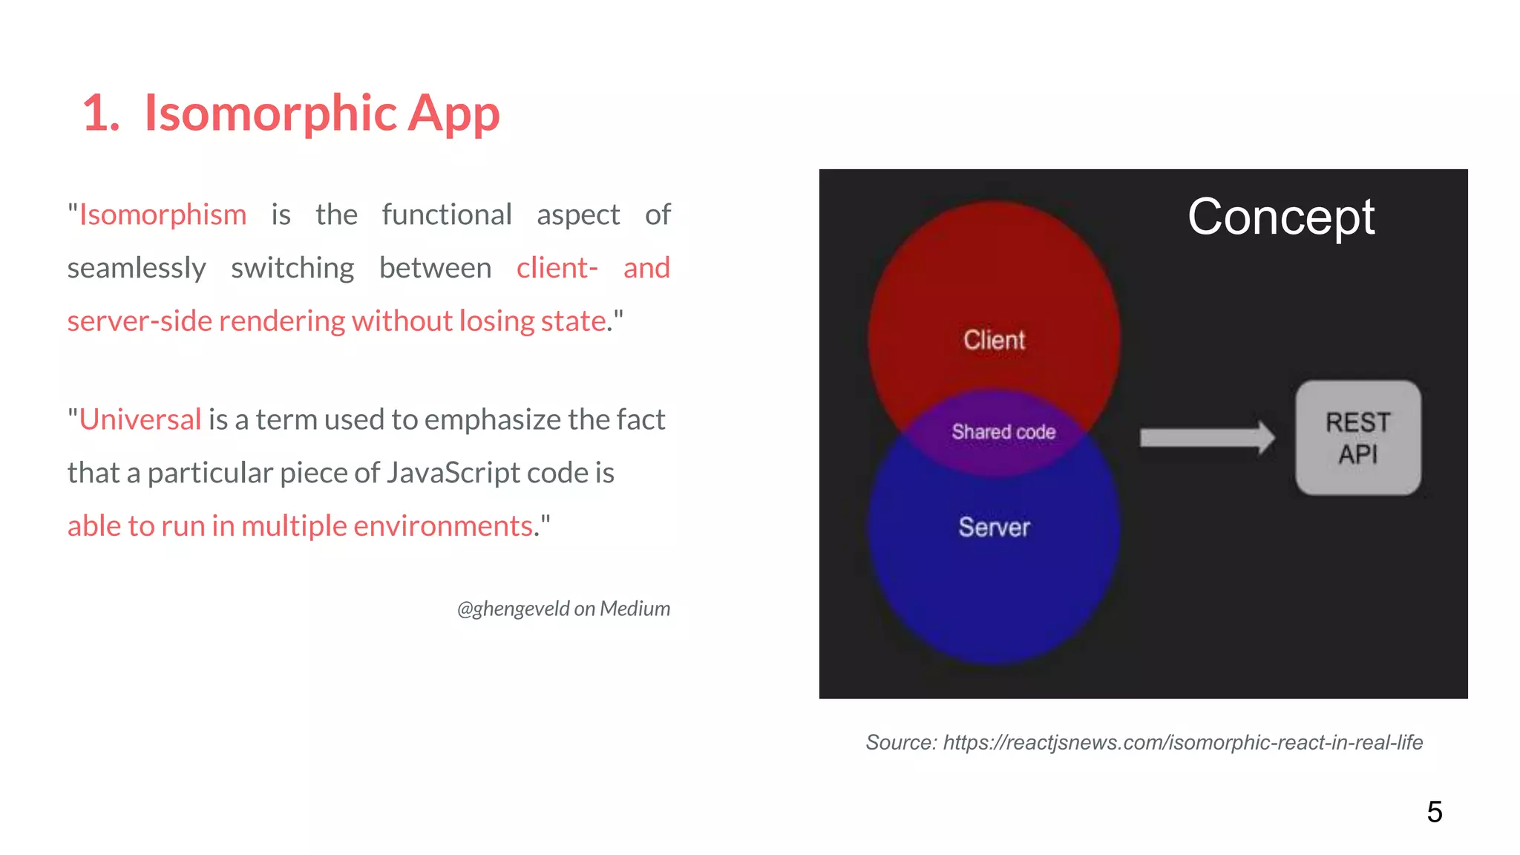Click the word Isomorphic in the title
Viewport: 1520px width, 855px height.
270,113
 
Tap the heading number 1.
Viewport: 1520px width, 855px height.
100,114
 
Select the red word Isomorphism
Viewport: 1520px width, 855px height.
163,214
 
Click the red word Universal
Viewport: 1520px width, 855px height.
140,419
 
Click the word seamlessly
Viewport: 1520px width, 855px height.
137,268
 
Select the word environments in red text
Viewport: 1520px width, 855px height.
443,525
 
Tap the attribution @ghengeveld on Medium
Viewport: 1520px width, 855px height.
563,609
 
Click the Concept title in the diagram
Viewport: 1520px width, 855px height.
1280,217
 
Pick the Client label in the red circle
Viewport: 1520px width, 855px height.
994,340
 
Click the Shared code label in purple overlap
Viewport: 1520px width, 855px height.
1003,432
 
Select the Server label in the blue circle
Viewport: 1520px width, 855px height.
994,527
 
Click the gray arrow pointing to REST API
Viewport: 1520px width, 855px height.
1207,438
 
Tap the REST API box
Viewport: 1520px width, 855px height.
1357,438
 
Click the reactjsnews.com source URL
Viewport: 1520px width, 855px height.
1182,742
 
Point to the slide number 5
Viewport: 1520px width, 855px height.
1434,812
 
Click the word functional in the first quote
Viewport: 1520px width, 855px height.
447,214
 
